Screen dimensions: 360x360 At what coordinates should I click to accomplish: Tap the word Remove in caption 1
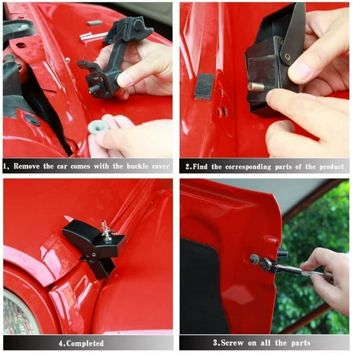27,166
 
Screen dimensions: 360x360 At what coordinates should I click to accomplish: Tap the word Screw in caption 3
231,343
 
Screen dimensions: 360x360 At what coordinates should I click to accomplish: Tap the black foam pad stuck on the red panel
203,86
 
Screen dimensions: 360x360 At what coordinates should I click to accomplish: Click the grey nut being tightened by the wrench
254,259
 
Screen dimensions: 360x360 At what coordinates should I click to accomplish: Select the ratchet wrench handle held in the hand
299,270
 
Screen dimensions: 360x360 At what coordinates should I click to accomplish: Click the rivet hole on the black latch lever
287,56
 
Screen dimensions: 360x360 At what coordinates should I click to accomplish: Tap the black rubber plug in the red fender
32,119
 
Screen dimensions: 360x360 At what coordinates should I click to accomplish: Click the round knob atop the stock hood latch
139,25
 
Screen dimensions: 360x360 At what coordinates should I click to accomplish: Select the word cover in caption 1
161,166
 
